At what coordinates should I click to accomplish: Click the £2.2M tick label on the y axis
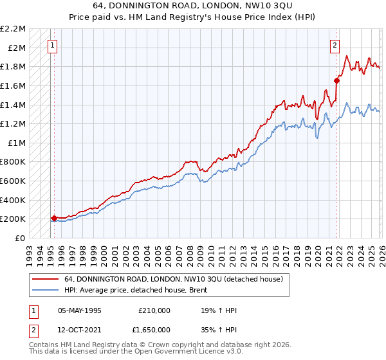point(13,29)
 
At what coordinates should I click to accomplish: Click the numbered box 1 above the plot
point(52,45)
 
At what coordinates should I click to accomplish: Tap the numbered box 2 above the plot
point(335,45)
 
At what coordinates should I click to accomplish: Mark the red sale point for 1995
point(54,218)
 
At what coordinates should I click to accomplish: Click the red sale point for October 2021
point(336,80)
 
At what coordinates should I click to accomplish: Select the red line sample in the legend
point(45,279)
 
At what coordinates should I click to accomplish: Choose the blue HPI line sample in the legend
point(45,289)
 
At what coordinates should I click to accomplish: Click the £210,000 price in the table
point(154,310)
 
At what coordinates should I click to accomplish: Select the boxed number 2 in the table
point(33,328)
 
